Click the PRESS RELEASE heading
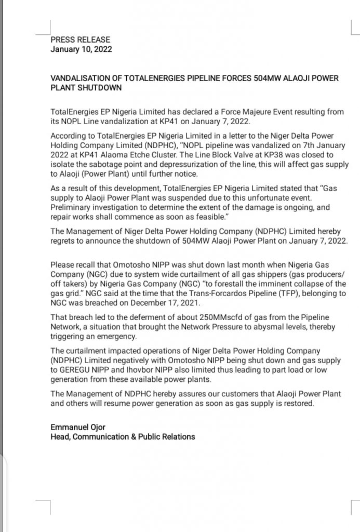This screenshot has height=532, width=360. [x=81, y=39]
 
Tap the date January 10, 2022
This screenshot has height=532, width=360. [x=81, y=49]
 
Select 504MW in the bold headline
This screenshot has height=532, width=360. [x=268, y=78]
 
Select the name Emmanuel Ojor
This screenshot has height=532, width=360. [x=77, y=427]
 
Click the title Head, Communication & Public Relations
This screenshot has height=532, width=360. [x=123, y=437]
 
